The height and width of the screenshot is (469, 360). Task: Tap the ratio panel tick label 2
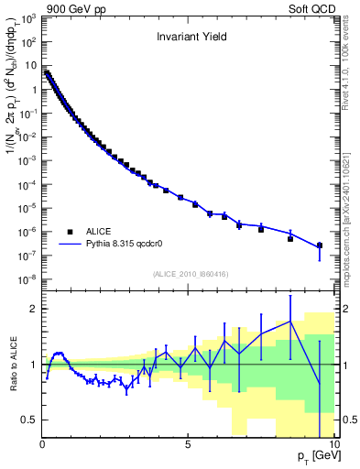click(32, 309)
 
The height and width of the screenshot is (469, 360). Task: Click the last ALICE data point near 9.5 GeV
click(319, 245)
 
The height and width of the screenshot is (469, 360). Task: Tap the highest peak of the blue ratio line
click(290, 322)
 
